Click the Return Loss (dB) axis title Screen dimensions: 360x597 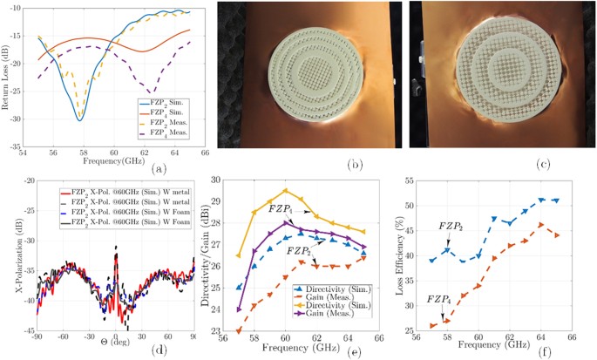pos(8,78)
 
